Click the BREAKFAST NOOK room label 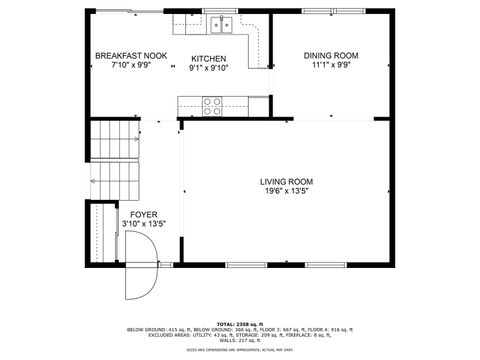pyautogui.click(x=131, y=56)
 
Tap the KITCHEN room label pyautogui.click(x=209, y=58)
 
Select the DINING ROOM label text pyautogui.click(x=331, y=56)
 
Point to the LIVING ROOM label pyautogui.click(x=287, y=182)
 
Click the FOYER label pyautogui.click(x=143, y=214)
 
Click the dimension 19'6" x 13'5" pyautogui.click(x=287, y=192)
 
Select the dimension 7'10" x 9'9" pyautogui.click(x=131, y=66)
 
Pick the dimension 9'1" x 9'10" pyautogui.click(x=209, y=68)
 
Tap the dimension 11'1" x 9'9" pyautogui.click(x=331, y=66)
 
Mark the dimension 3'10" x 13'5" pyautogui.click(x=143, y=224)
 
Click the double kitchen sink pyautogui.click(x=221, y=25)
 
